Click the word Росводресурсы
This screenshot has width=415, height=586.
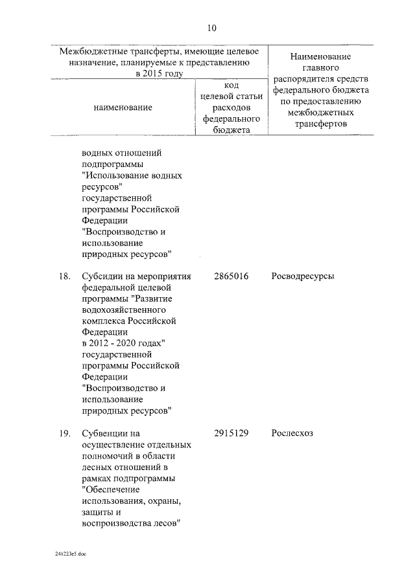[x=303, y=276]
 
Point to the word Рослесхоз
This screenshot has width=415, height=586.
[x=292, y=433]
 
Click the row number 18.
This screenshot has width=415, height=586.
[x=64, y=276]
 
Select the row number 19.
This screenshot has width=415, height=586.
[x=64, y=433]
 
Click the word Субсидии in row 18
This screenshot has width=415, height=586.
[x=102, y=276]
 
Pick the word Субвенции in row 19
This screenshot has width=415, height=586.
[x=106, y=433]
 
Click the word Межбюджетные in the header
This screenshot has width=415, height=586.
[x=89, y=51]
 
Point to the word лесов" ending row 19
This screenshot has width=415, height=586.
[x=164, y=523]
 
